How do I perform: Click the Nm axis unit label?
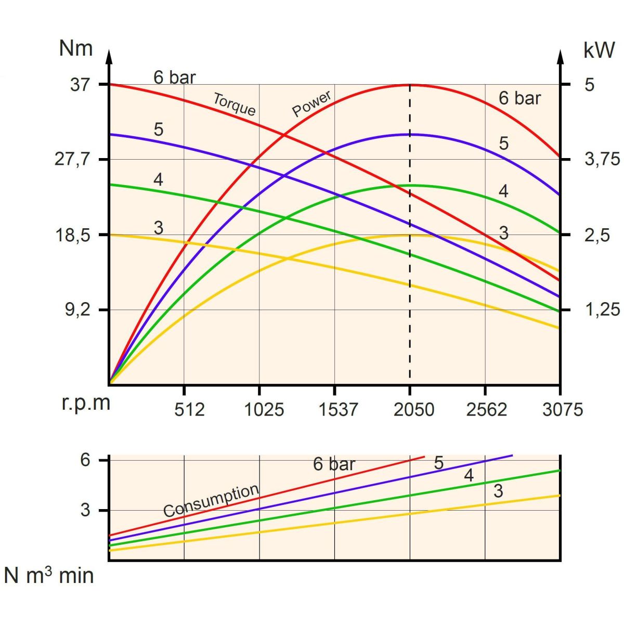[76, 48]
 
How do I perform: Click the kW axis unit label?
[599, 50]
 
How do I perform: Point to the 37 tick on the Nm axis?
[81, 84]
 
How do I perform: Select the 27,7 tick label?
[73, 159]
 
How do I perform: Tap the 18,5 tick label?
[73, 235]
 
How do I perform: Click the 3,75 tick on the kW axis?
[602, 159]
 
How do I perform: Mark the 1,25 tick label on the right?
[602, 310]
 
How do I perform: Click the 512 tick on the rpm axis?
[189, 410]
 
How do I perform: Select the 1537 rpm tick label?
[339, 410]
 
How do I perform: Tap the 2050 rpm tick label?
[413, 410]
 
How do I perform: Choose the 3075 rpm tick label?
[563, 410]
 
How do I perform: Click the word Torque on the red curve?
[235, 104]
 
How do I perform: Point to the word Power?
[311, 104]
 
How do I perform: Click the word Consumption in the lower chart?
[211, 501]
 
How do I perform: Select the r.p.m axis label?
[86, 403]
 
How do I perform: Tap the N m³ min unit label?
[49, 576]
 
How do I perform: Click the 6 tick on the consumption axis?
[85, 460]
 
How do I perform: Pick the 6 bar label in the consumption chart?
[334, 464]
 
